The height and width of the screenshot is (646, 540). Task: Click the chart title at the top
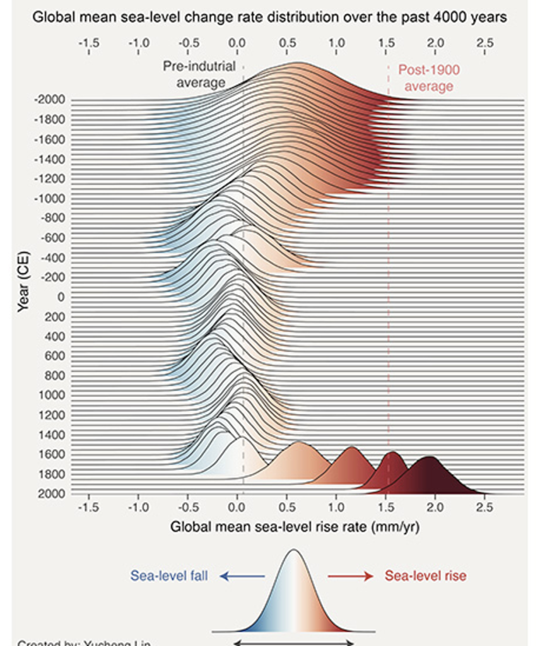pyautogui.click(x=269, y=18)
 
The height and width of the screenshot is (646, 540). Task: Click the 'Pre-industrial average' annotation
pyautogui.click(x=199, y=74)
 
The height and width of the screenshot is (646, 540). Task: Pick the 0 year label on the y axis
pyautogui.click(x=61, y=297)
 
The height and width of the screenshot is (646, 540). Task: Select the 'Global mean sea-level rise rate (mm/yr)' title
pyautogui.click(x=295, y=527)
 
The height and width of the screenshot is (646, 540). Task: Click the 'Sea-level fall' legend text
pyautogui.click(x=169, y=575)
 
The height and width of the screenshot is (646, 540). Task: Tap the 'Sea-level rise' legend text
pyautogui.click(x=425, y=575)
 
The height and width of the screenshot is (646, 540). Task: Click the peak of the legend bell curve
pyautogui.click(x=293, y=551)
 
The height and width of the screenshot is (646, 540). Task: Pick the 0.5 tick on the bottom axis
pyautogui.click(x=286, y=507)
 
